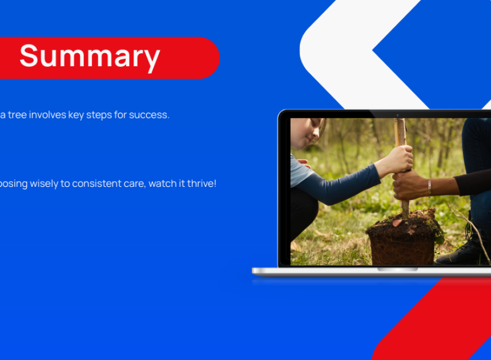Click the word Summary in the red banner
90,57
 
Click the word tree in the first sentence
17,115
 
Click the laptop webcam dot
398,115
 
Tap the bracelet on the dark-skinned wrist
429,187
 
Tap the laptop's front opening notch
398,269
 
